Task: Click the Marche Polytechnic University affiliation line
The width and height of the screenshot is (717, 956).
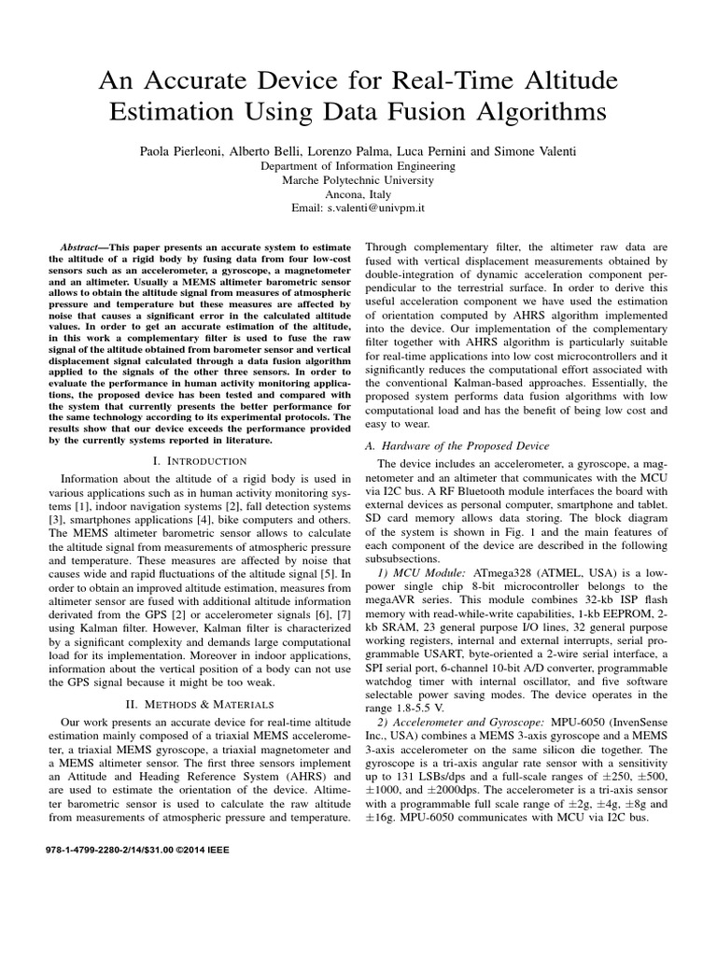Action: [358, 180]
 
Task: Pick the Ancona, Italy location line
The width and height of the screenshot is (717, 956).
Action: [358, 195]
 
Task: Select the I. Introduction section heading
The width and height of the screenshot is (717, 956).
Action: [199, 461]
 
